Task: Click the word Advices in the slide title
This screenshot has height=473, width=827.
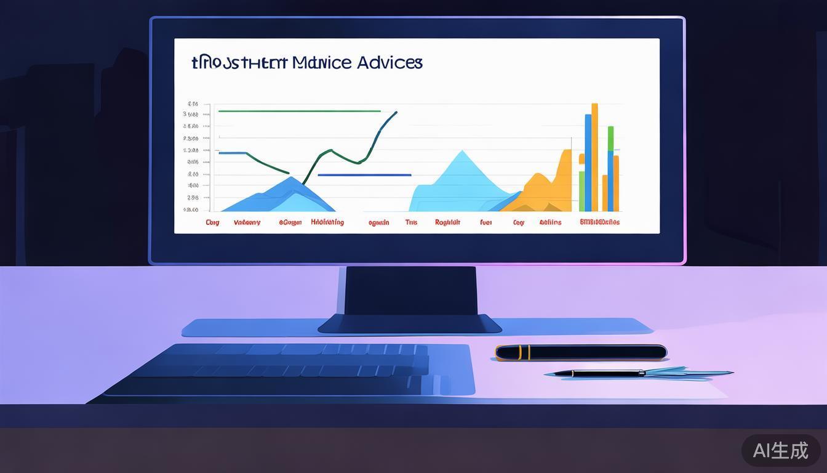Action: point(389,62)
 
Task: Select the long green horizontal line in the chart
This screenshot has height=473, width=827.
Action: point(299,111)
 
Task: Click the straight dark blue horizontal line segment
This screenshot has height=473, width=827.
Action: point(364,175)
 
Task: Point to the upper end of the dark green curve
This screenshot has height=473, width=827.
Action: point(396,113)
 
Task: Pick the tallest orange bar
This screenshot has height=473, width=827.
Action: point(594,157)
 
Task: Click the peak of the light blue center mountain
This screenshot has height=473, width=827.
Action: point(461,152)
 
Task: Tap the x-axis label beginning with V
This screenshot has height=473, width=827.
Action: point(247,222)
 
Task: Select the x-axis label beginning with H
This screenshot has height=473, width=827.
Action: point(327,222)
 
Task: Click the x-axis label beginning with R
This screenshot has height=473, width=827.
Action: point(447,222)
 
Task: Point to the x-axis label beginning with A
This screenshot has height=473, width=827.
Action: point(550,222)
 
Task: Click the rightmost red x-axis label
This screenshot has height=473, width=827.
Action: point(599,222)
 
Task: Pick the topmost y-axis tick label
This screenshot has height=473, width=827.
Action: point(193,103)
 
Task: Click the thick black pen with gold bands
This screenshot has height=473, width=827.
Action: point(581,352)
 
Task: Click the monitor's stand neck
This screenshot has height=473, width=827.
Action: point(411,291)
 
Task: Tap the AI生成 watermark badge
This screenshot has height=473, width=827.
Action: point(780,450)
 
